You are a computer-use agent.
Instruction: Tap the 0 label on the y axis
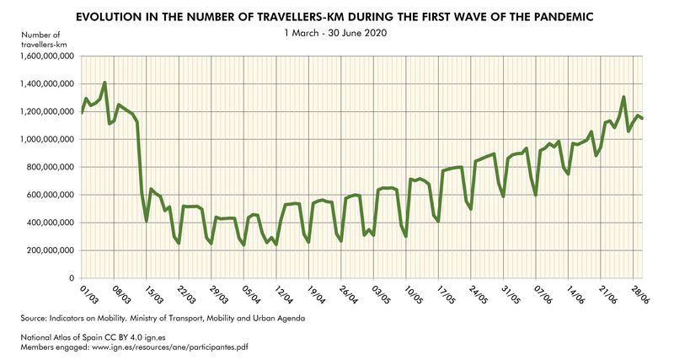tap(72, 278)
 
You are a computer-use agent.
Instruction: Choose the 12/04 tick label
tap(283, 294)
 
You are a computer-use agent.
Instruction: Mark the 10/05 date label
tap(413, 294)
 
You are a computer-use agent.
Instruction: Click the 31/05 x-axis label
tap(511, 294)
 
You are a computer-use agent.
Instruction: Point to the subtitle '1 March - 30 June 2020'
tap(336, 33)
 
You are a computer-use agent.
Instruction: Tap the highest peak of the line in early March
tap(104, 83)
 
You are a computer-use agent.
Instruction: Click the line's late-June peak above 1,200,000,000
tap(623, 97)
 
